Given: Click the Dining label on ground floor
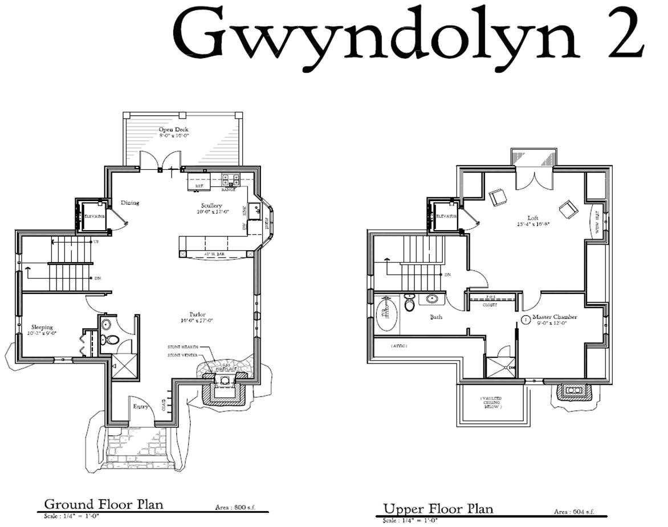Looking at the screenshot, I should [x=130, y=203].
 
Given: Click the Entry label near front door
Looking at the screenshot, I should [x=141, y=406].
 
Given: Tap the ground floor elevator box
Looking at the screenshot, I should [x=92, y=216].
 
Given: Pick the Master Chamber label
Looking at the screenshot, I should [x=555, y=317].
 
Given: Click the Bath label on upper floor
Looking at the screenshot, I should [x=436, y=317].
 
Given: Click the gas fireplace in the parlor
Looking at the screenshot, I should [x=224, y=384].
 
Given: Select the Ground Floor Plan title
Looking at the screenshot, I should [x=104, y=504].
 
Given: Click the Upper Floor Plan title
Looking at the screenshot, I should [x=438, y=508].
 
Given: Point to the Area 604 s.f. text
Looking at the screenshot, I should [x=574, y=512].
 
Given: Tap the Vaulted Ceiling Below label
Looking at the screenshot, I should [x=491, y=402].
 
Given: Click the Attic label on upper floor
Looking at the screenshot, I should [x=399, y=346].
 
